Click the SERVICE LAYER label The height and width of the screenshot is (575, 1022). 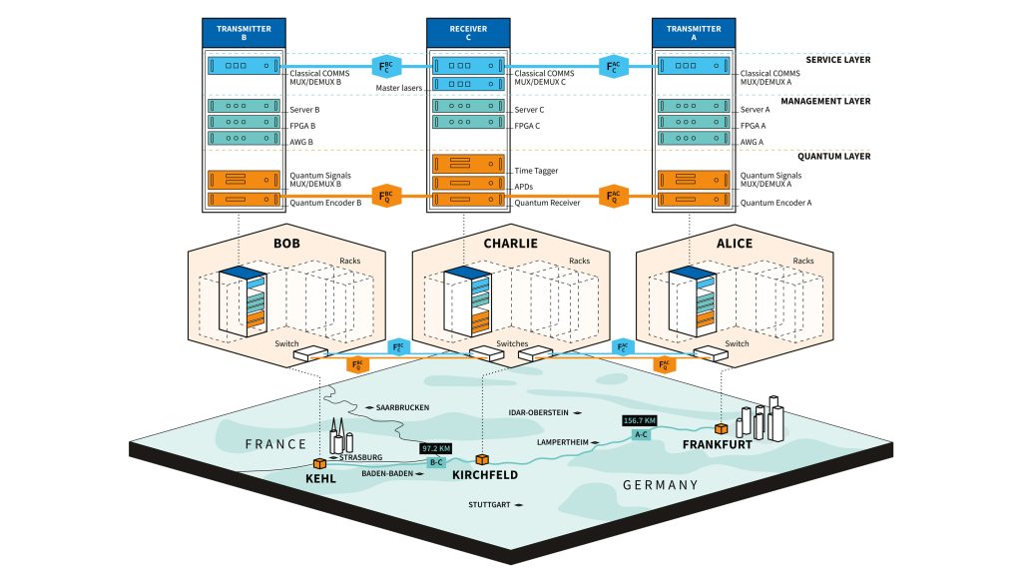pos(837,60)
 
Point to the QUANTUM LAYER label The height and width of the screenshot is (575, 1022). pos(836,156)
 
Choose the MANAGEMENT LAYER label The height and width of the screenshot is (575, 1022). pos(825,101)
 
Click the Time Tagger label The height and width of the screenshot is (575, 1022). pos(536,171)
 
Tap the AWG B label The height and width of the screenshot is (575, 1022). pos(301,142)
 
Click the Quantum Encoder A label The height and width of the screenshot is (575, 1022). pos(773,203)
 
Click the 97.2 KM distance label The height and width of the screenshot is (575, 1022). pos(437,449)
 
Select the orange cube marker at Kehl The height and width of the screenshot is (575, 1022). pos(320,463)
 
